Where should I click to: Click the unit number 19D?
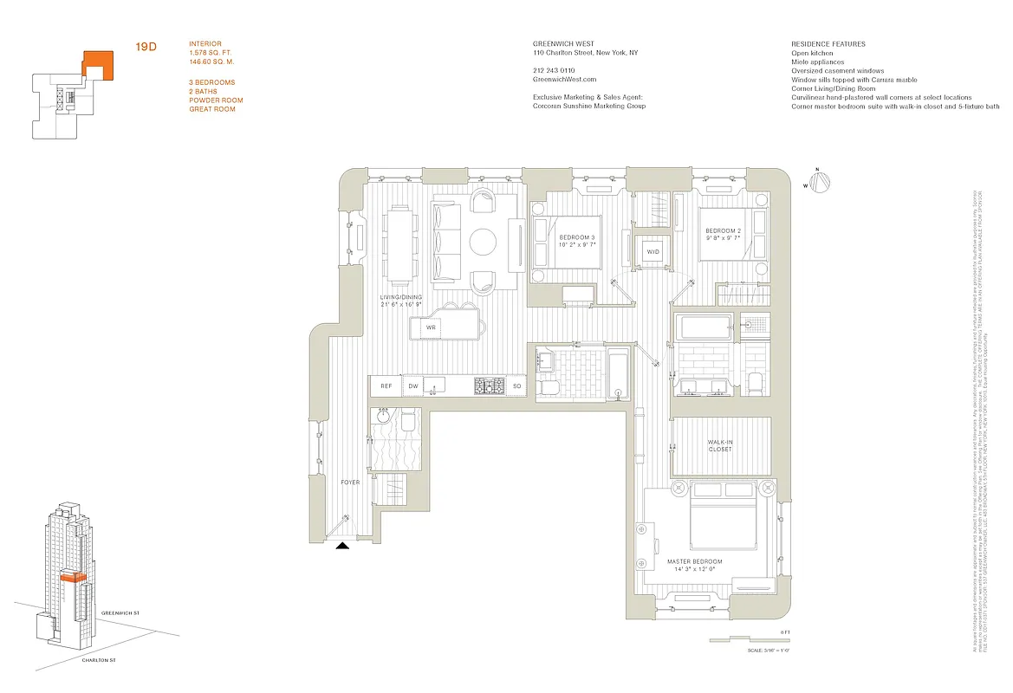click(x=145, y=47)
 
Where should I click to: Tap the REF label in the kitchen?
click(x=386, y=386)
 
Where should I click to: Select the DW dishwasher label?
click(x=412, y=386)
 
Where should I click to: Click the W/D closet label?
click(x=652, y=252)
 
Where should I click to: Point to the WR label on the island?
click(x=430, y=328)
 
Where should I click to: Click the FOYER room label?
click(x=350, y=482)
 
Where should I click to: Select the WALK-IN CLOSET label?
click(x=720, y=444)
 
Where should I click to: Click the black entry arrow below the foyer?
click(x=343, y=546)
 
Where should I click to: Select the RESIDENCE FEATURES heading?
click(x=828, y=44)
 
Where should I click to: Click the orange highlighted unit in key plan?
click(x=97, y=65)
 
